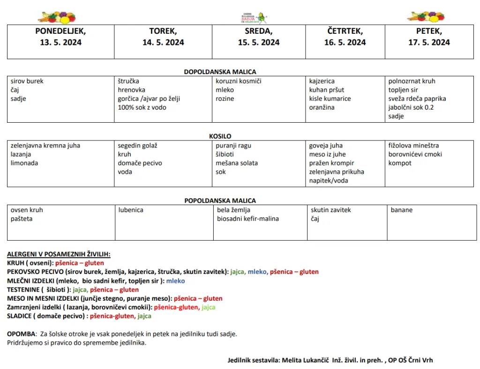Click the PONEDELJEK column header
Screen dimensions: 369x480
(x=60, y=31)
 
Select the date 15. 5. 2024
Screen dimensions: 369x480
(x=258, y=43)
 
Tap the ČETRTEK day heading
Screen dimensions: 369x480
(x=345, y=31)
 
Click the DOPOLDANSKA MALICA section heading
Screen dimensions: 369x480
(x=220, y=72)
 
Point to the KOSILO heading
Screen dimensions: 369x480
(x=220, y=136)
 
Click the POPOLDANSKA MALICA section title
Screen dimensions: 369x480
(x=220, y=201)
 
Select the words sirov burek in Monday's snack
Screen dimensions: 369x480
(x=27, y=81)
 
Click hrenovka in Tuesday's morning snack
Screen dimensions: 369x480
(x=131, y=90)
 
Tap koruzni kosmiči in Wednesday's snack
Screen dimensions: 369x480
(x=239, y=81)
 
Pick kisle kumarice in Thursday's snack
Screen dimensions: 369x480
(x=330, y=99)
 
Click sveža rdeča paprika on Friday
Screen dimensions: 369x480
(x=417, y=99)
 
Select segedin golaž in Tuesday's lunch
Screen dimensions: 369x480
(x=137, y=146)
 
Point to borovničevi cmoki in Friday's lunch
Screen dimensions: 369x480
(x=415, y=155)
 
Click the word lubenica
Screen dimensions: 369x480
(x=131, y=210)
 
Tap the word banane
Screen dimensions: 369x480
(x=402, y=210)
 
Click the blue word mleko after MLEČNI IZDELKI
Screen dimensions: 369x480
(x=175, y=281)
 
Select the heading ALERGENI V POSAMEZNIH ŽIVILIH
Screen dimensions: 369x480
(x=59, y=254)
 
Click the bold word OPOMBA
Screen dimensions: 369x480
(x=21, y=334)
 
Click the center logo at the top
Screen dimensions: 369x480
(x=253, y=18)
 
